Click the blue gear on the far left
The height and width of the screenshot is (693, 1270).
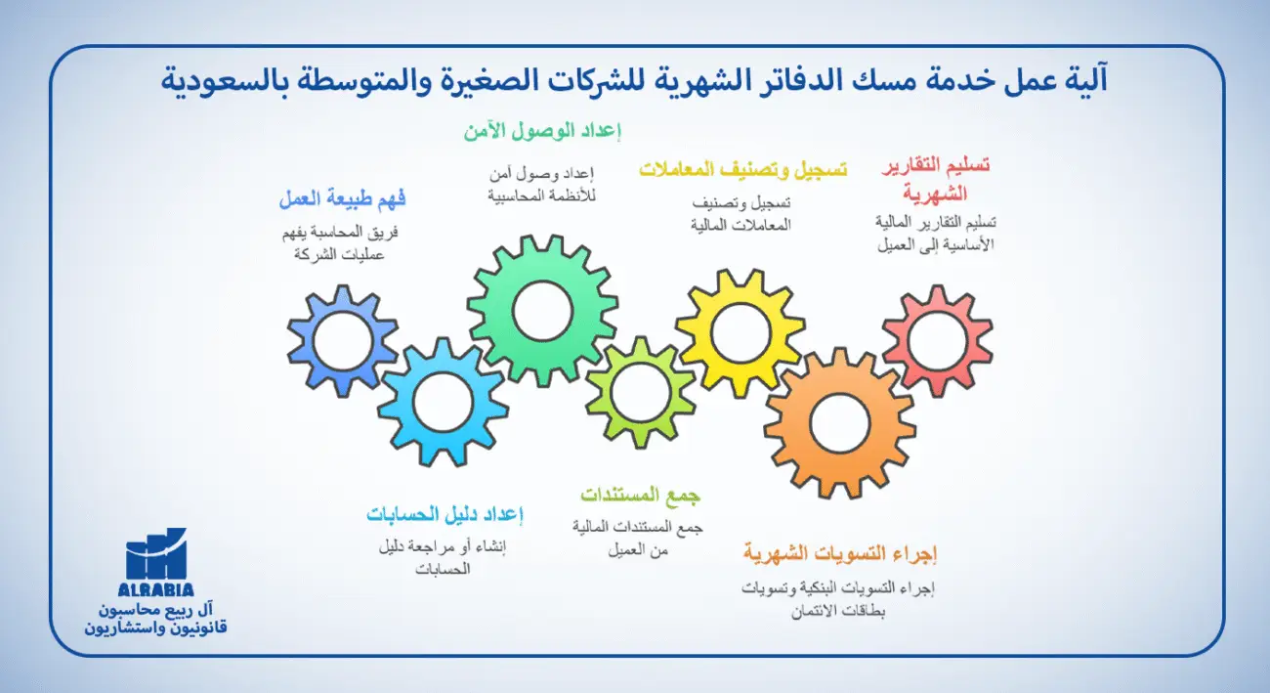[x=343, y=341]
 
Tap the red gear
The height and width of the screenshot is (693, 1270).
[x=937, y=340]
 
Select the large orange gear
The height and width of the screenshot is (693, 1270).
[x=839, y=422]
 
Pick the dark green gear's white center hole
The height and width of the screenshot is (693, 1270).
[x=542, y=312]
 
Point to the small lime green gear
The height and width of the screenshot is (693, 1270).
[x=641, y=392]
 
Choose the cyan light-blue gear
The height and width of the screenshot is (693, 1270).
[x=443, y=402]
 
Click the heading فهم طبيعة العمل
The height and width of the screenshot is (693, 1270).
[x=342, y=200]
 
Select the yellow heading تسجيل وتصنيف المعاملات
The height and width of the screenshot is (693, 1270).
[x=742, y=169]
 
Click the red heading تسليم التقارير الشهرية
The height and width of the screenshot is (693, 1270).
[x=936, y=179]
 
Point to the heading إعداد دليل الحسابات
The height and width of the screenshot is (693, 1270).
[x=445, y=514]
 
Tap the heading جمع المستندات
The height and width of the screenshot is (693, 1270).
[x=641, y=495]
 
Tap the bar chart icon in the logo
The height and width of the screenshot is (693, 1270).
[x=156, y=554]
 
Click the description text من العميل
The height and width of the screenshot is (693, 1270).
[x=641, y=549]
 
